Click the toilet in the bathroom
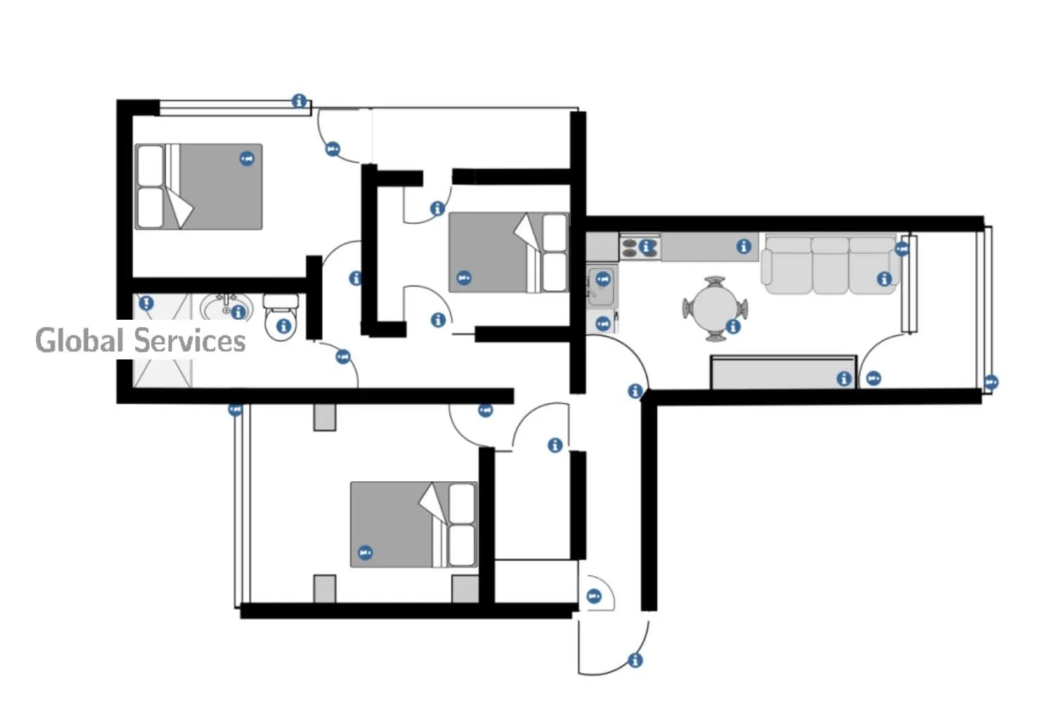coord(281,316)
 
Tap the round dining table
coord(714,309)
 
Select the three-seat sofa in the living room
coord(831,265)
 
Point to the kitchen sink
coord(601,287)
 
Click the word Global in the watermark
coord(79,340)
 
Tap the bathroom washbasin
coord(226,307)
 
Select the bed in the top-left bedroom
coord(199,186)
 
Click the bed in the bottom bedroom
coord(414,524)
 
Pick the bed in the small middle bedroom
coord(509,252)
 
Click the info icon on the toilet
coord(284,326)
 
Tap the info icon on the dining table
coord(733,326)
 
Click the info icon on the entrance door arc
coord(635,660)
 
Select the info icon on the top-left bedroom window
coord(299,101)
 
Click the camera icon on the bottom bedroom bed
coord(365,553)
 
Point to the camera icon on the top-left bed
coord(247,158)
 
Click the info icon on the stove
coord(646,246)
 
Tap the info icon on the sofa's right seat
coord(884,279)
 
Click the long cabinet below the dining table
coord(784,373)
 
